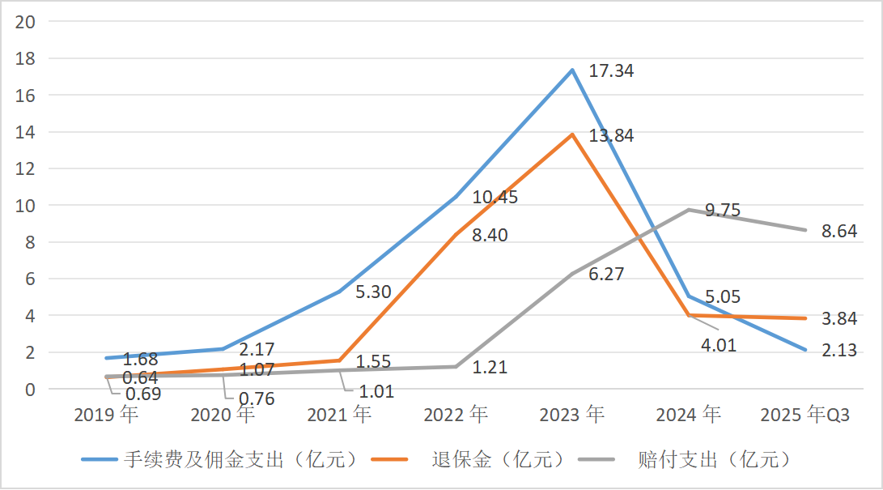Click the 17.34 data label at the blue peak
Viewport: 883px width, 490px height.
tap(611, 71)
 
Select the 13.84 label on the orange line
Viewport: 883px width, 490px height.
tap(611, 135)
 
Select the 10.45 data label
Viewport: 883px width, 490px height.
tap(495, 198)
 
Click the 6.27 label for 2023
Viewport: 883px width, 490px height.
tap(606, 275)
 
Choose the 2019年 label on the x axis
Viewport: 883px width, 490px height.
tap(106, 415)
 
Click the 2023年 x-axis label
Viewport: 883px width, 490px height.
tap(572, 415)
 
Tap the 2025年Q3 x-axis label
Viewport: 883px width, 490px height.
tap(805, 415)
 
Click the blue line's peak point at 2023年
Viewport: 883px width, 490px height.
tap(572, 70)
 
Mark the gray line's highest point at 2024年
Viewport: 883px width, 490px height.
tap(689, 210)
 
